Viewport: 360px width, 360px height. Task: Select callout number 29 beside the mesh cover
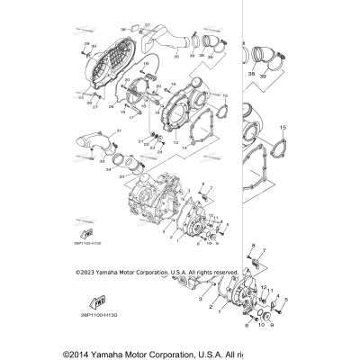[87, 43]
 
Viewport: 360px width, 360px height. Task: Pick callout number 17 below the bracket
[130, 118]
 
